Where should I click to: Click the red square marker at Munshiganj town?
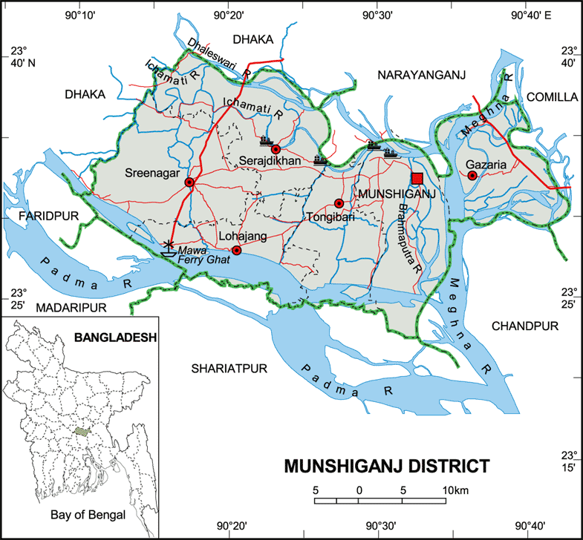417,179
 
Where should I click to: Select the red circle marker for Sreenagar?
189,182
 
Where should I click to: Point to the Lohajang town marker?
236,251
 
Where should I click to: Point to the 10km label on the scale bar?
455,490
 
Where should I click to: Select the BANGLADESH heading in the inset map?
115,337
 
